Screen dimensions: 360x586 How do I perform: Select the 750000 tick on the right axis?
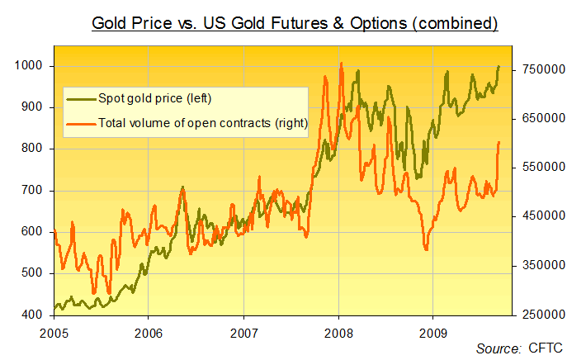pos(541,69)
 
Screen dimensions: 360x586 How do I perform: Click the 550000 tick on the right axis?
pos(541,168)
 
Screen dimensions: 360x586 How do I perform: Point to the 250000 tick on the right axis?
pos(541,315)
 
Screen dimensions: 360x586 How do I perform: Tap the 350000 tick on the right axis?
pos(541,266)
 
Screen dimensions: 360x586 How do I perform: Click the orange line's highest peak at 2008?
pos(341,63)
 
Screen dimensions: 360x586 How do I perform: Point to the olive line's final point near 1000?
pos(499,66)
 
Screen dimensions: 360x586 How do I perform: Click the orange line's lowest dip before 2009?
pos(426,249)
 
